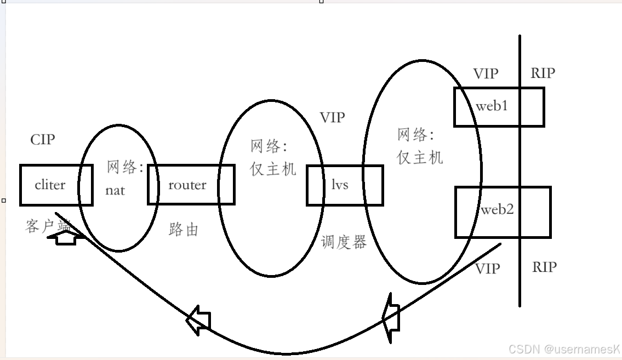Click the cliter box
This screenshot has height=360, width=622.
pos(50,185)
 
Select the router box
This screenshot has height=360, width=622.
pos(187,185)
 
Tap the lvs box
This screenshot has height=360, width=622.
pos(340,185)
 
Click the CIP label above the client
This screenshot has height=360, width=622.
pos(43,140)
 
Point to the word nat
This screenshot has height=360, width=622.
pos(115,191)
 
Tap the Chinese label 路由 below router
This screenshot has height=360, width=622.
pos(184,230)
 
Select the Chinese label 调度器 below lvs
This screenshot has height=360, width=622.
pos(344,242)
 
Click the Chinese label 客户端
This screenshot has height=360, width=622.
pos(48,226)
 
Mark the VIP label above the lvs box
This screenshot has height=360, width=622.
pos(332,117)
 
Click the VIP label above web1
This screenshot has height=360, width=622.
pos(486,74)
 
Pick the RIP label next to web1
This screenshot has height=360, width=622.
pos(543,73)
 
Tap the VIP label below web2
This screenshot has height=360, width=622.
pos(487,268)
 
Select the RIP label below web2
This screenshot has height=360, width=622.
pos(544,267)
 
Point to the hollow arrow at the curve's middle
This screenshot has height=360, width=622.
pos(198,319)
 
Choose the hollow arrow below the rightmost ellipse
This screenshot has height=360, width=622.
pos(391,318)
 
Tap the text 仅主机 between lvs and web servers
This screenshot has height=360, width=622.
pos(420,158)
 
